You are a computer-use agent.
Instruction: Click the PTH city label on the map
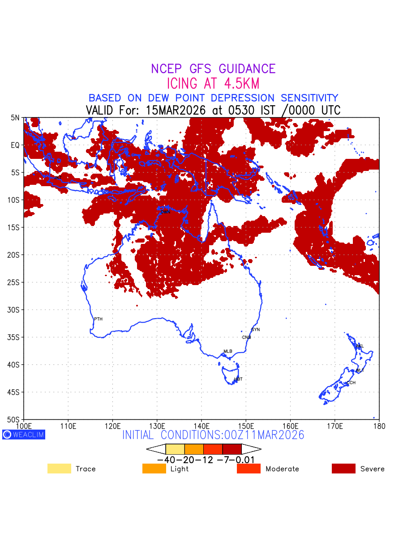pos(98,319)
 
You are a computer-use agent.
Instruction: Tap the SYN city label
pos(255,330)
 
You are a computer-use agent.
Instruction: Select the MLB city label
pos(228,351)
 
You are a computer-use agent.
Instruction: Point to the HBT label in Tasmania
pos(238,379)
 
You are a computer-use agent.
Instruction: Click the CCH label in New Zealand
pos(351,383)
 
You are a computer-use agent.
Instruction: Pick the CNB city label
pos(246,337)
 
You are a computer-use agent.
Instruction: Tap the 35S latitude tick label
pos(15,337)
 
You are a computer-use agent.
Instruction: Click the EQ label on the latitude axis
pos(16,145)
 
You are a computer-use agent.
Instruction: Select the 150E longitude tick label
pos(246,425)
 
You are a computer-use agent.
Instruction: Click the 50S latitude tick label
pos(15,420)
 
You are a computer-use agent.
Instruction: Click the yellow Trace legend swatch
pos(59,469)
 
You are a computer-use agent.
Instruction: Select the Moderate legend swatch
pos(249,469)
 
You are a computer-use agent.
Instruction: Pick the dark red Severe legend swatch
pos(343,469)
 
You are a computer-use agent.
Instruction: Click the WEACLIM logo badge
pos(24,435)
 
